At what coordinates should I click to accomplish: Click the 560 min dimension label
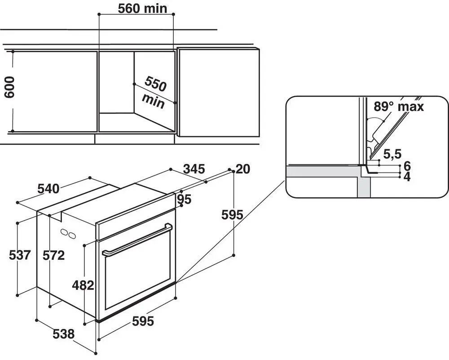pos(142,8)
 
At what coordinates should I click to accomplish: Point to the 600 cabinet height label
pos(9,87)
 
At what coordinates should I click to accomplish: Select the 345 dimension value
pos(194,169)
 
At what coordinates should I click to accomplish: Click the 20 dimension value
pos(243,169)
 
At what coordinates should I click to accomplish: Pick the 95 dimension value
pos(184,199)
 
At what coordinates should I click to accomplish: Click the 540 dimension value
pos(48,189)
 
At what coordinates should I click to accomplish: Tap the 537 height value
pos(19,255)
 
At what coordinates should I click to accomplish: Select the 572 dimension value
pos(53,255)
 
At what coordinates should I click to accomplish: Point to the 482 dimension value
pos(83,285)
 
